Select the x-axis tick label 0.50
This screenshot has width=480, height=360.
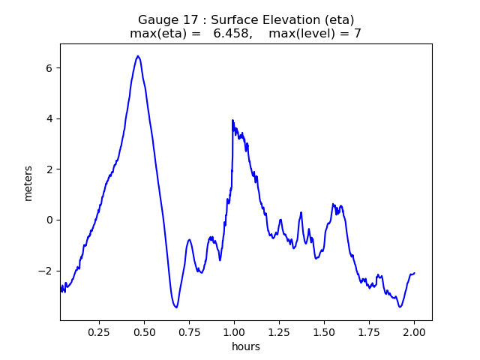[x=145, y=331]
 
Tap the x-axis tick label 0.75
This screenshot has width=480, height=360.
[x=190, y=331]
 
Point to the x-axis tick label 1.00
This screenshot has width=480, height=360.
[x=235, y=331]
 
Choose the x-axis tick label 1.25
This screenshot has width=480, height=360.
[x=280, y=331]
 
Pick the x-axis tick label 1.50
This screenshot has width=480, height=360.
[x=324, y=331]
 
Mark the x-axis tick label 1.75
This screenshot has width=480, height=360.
[x=369, y=331]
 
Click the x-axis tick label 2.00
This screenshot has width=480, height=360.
[x=414, y=331]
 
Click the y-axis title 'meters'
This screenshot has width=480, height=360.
[x=28, y=183]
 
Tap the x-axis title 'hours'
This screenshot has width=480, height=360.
[x=246, y=346]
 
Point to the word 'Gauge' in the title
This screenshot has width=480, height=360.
[x=155, y=19]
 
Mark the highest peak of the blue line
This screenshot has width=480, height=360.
[x=138, y=56]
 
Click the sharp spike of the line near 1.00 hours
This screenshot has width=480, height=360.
[x=232, y=120]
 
